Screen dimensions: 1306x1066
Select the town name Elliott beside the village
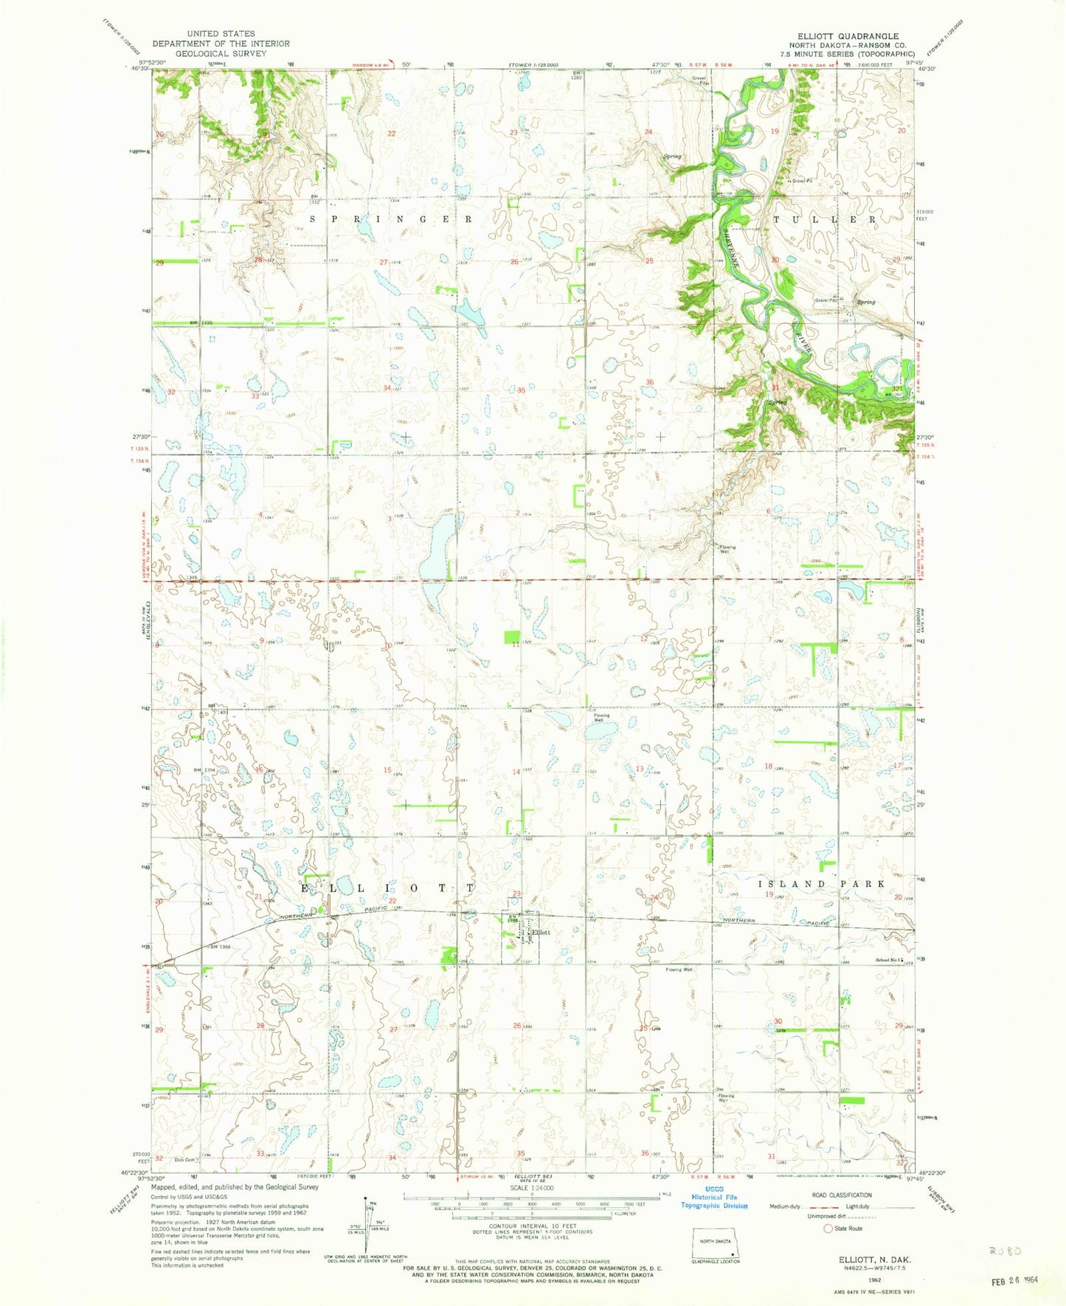[541, 933]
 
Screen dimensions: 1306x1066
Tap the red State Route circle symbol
[828, 1229]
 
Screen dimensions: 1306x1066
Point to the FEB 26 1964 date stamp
[1015, 1280]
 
